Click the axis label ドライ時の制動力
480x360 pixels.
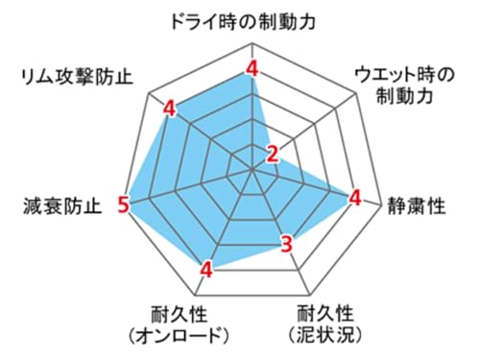click(x=244, y=22)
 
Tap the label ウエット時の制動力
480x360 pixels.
click(x=404, y=85)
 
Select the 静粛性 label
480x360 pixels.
click(x=417, y=205)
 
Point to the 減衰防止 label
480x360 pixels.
click(x=62, y=205)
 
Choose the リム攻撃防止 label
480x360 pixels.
click(x=76, y=77)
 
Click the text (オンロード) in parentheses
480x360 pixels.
click(x=180, y=335)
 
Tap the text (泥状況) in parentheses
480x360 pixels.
click(x=325, y=335)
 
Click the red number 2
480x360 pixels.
click(x=273, y=155)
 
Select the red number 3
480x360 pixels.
click(x=287, y=244)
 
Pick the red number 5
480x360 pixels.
click(x=123, y=204)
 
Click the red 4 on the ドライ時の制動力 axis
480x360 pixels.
click(x=252, y=68)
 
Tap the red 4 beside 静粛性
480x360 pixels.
click(x=355, y=198)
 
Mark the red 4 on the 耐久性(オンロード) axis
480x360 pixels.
click(x=206, y=270)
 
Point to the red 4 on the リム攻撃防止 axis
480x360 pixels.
click(x=169, y=108)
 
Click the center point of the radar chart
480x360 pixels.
click(x=252, y=169)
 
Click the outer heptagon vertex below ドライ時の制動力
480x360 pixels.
click(x=252, y=42)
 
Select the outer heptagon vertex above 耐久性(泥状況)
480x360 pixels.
click(x=310, y=295)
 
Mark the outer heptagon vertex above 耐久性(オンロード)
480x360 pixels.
click(x=196, y=295)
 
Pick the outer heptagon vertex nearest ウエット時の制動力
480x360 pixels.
click(x=357, y=93)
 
